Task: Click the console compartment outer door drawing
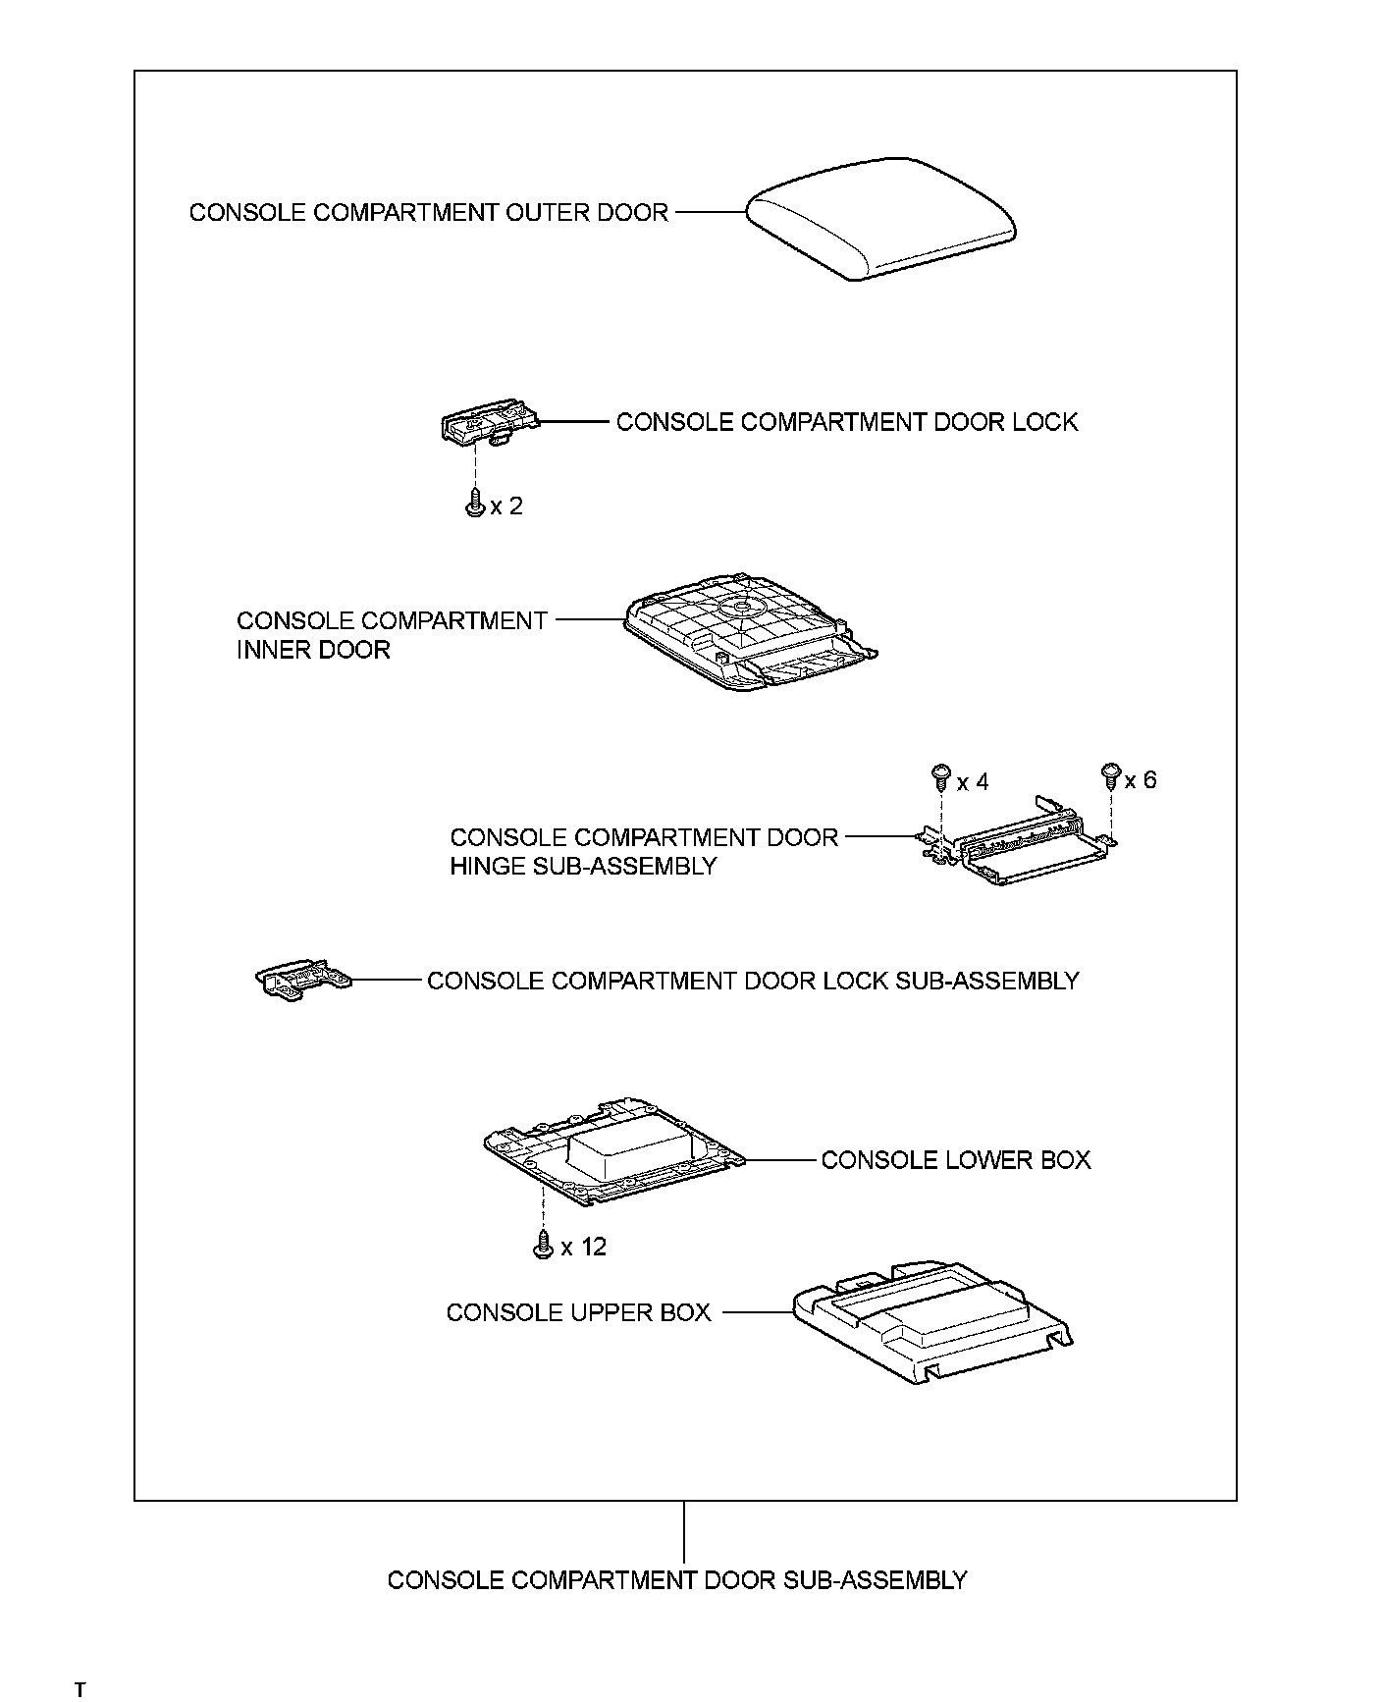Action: pos(880,218)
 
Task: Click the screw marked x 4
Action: pos(940,777)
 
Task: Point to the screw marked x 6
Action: pos(1111,775)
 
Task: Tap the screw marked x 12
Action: pos(542,1246)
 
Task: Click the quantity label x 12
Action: pos(584,1248)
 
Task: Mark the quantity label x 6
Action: pos(1141,780)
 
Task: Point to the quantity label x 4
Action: pos(973,782)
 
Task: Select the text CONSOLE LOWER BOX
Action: pos(955,1160)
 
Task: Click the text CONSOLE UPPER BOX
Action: pos(578,1312)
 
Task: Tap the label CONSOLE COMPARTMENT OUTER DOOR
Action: pos(428,212)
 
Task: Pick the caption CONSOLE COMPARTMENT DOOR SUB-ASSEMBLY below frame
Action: pos(677,1580)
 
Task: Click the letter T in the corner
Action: pos(80,1689)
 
